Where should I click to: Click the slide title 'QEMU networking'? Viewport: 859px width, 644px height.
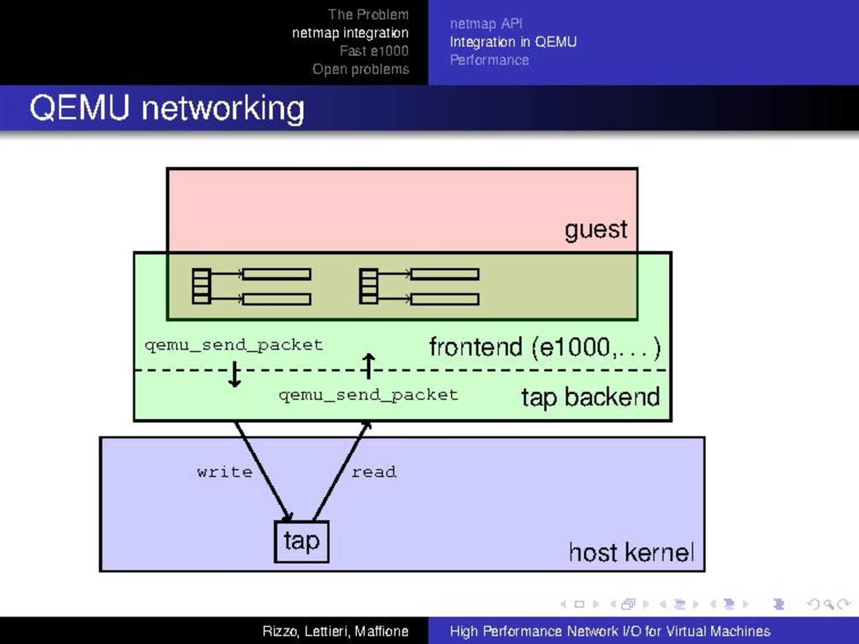click(167, 108)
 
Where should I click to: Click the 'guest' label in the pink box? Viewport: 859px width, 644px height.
click(595, 230)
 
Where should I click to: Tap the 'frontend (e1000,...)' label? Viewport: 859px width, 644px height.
click(544, 347)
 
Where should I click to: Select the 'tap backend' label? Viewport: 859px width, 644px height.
click(590, 397)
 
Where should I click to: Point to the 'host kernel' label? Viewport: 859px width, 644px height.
click(631, 552)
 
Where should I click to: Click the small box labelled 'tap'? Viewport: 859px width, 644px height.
click(301, 541)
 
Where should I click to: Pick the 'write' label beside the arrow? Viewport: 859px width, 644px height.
click(224, 471)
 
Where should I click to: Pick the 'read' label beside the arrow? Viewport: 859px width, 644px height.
click(374, 471)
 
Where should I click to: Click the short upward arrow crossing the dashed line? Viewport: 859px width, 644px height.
click(369, 366)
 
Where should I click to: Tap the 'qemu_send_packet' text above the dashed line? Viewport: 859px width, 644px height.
click(234, 344)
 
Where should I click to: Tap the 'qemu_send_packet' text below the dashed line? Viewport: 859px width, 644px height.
click(368, 395)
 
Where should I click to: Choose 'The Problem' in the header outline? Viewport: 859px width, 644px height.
click(368, 14)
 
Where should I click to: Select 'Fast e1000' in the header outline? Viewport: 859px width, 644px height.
click(374, 51)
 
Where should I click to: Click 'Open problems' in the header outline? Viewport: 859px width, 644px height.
click(360, 69)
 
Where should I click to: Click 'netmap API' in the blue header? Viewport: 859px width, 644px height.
click(486, 23)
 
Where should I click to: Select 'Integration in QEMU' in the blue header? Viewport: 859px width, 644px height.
click(513, 42)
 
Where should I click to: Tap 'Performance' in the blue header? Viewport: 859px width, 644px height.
click(489, 60)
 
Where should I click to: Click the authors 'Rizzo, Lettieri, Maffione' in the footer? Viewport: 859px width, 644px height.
click(335, 631)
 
